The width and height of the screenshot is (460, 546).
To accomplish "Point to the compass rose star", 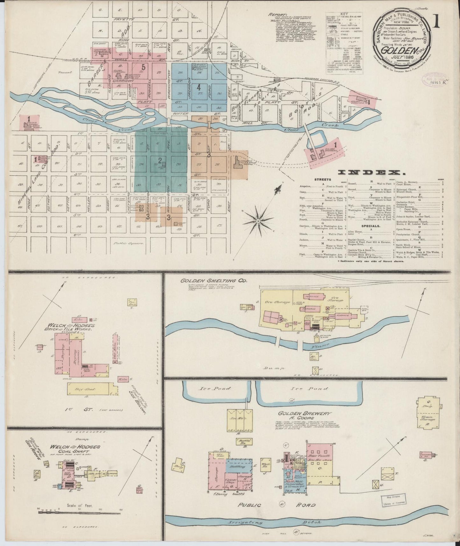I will [258, 220].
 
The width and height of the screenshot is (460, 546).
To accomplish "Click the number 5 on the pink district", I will [144, 67].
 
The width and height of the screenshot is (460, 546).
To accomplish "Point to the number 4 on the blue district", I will [198, 86].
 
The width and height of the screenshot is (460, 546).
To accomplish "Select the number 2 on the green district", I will [160, 160].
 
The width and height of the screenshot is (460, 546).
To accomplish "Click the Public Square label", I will [127, 243].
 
